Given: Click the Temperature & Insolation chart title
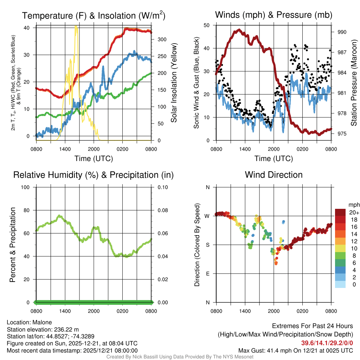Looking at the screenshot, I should pyautogui.click(x=94, y=15).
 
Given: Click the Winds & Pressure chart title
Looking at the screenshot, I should pyautogui.click(x=274, y=15).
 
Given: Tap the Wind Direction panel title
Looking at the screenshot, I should pyautogui.click(x=274, y=175).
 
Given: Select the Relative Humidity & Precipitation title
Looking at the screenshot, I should pyautogui.click(x=94, y=175).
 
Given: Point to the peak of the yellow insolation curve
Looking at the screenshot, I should pyautogui.click(x=76, y=26).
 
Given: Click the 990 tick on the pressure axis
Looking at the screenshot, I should pyautogui.click(x=342, y=32).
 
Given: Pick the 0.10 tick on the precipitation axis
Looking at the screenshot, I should pyautogui.click(x=162, y=187).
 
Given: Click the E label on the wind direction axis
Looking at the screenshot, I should pyautogui.click(x=208, y=274).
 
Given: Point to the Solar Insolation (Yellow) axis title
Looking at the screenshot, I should pyautogui.click(x=174, y=83).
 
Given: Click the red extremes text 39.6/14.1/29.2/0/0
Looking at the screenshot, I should pyautogui.click(x=327, y=343).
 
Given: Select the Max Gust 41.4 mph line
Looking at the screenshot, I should pyautogui.click(x=295, y=350).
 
